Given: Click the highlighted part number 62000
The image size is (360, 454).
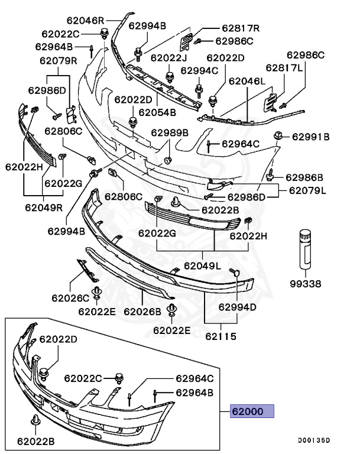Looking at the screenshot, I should coord(252,411).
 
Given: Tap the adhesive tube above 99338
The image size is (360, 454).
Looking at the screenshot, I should coord(306,248).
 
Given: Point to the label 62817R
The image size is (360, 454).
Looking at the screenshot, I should coord(241,28).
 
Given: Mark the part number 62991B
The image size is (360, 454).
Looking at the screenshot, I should coord(310,137).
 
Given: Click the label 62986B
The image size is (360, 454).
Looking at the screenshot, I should coord(304,177).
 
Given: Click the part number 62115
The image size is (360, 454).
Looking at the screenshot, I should coord(222,337).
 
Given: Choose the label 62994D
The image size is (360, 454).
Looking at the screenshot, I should coord(238,307).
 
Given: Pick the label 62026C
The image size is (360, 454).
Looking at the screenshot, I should coord(70,298).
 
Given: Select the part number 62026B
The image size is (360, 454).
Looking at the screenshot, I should coord(142,311).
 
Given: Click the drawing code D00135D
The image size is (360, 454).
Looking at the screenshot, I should coord(314,440).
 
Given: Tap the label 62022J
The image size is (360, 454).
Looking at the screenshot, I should coord(169,57).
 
